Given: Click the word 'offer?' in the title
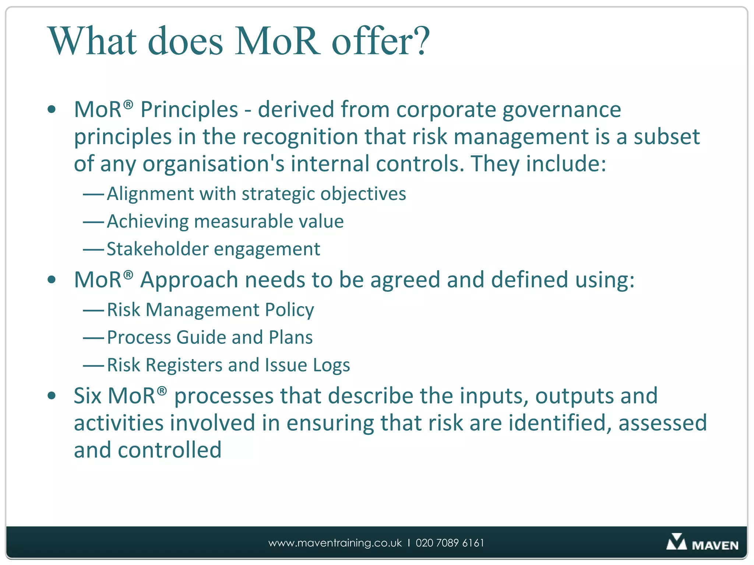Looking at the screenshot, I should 381,41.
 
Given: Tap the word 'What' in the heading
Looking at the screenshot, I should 93,41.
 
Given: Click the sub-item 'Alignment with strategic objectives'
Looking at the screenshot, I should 256,194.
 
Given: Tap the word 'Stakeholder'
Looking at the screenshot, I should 158,249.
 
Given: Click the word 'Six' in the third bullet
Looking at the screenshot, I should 88,396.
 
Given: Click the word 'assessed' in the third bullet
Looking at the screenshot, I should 663,423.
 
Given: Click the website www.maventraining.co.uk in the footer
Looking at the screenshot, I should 335,543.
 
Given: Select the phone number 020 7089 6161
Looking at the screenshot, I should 450,543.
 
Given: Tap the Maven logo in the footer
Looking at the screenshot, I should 702,543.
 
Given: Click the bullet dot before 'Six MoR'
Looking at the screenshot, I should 52,396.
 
